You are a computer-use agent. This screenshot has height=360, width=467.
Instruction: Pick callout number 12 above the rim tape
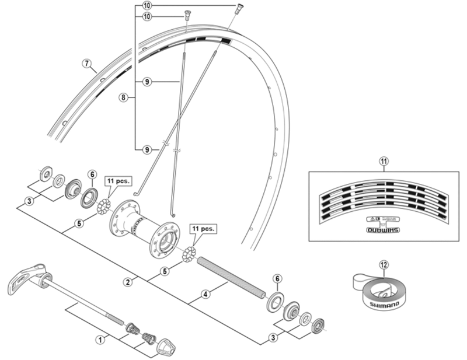click(384, 264)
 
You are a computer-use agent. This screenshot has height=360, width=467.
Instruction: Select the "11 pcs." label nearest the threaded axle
click(202, 229)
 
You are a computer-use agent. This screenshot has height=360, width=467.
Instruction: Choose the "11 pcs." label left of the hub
click(117, 181)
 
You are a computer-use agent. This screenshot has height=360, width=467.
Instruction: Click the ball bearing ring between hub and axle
click(190, 255)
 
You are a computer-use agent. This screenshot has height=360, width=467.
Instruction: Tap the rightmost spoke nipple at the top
click(239, 8)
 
